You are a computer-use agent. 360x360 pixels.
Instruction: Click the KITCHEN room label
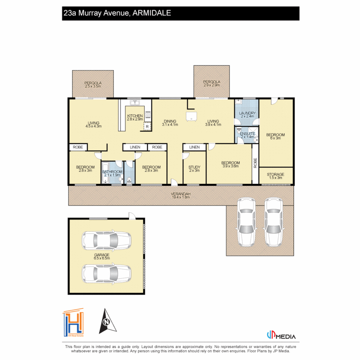pyautogui.click(x=135, y=116)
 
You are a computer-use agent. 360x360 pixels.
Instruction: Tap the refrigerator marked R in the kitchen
pyautogui.click(x=147, y=127)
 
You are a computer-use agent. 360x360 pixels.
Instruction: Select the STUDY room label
pyautogui.click(x=194, y=167)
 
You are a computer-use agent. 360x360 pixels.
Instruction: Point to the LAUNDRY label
pyautogui.click(x=247, y=113)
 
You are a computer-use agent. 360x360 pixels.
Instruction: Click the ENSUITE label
pyautogui.click(x=247, y=134)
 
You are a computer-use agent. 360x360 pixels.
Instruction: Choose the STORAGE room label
pyautogui.click(x=276, y=174)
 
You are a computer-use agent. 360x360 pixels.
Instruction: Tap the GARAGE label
pyautogui.click(x=102, y=255)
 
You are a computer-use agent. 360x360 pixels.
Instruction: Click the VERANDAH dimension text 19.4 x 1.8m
pyautogui.click(x=181, y=197)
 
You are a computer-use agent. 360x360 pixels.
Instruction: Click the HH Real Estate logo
pyautogui.click(x=73, y=322)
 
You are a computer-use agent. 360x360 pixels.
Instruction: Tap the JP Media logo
pyautogui.click(x=281, y=335)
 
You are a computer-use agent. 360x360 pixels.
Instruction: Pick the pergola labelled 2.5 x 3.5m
pyautogui.click(x=93, y=84)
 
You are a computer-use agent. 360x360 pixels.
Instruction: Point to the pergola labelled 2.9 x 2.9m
pyautogui.click(x=212, y=82)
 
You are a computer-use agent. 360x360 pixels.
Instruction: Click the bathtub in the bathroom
pyautogui.click(x=106, y=173)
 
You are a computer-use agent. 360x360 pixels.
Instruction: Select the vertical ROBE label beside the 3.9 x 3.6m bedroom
pyautogui.click(x=255, y=163)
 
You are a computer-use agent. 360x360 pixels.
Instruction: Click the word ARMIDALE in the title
pyautogui.click(x=152, y=13)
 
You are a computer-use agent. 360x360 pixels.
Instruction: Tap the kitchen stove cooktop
pyautogui.click(x=148, y=115)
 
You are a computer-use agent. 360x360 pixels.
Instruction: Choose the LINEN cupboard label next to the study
pyautogui.click(x=194, y=147)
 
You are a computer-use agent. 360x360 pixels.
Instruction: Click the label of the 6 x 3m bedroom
pyautogui.click(x=276, y=136)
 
